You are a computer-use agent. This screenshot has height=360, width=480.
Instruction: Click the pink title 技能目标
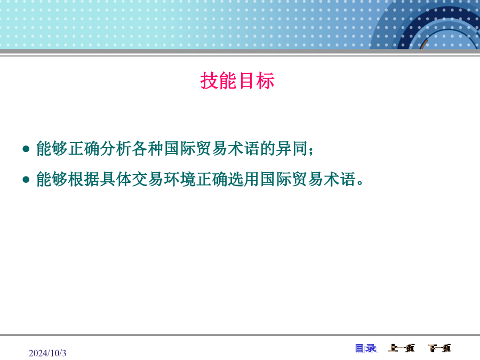(237, 81)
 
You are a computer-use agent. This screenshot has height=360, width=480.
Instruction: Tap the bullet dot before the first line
(26, 149)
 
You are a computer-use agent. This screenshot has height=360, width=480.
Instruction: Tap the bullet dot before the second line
(26, 179)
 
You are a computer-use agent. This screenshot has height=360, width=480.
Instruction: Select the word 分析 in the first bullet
(116, 148)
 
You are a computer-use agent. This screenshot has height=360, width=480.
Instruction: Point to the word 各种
(148, 148)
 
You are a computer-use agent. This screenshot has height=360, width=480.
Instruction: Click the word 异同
(291, 148)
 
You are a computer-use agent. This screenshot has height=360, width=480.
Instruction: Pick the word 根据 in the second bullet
(84, 179)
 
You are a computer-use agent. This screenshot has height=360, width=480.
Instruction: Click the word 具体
(116, 179)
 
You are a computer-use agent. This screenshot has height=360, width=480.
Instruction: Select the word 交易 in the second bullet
(148, 179)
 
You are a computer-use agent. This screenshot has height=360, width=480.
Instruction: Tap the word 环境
(180, 179)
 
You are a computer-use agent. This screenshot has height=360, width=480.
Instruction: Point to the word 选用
(244, 179)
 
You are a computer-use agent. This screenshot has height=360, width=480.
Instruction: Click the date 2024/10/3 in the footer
(47, 353)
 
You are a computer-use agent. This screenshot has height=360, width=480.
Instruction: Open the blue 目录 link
(366, 348)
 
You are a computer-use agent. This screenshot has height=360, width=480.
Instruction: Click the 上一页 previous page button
(401, 348)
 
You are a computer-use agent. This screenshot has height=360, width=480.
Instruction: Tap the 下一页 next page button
(439, 348)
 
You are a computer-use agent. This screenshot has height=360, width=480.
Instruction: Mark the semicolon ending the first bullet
(311, 151)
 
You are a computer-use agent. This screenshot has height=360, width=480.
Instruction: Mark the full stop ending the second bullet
(359, 183)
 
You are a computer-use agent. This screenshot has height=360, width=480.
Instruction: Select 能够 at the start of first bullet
(52, 148)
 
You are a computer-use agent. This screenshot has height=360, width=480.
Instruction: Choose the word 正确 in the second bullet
(212, 179)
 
